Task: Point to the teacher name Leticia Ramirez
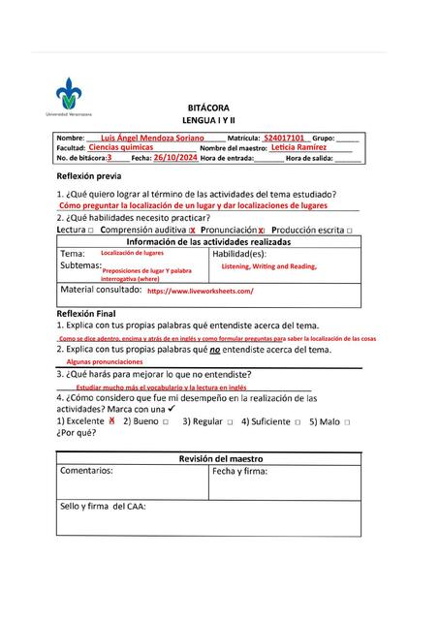pyautogui.click(x=298, y=147)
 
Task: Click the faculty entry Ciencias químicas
pyautogui.click(x=121, y=147)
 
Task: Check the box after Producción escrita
pyautogui.click(x=349, y=231)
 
